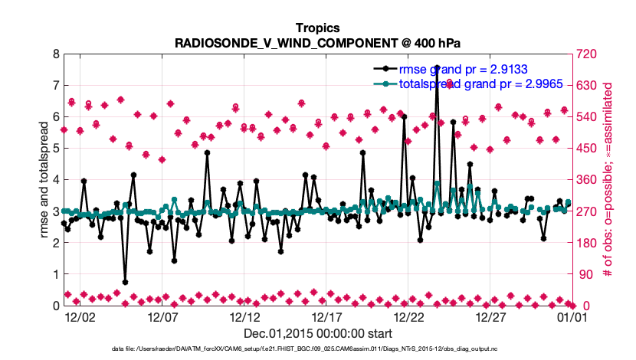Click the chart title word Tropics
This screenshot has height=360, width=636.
pyautogui.click(x=318, y=28)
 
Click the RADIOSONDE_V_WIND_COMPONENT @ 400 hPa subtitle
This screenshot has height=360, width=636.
pyautogui.click(x=318, y=43)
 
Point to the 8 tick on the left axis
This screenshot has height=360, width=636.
pyautogui.click(x=56, y=54)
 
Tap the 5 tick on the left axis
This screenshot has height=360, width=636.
pyautogui.click(x=56, y=149)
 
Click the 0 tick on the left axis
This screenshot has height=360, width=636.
pyautogui.click(x=56, y=306)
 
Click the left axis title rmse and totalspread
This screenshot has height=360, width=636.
pyautogui.click(x=44, y=180)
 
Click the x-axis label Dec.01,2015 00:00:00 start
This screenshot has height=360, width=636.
pyautogui.click(x=318, y=333)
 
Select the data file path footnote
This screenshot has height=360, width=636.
pyautogui.click(x=318, y=349)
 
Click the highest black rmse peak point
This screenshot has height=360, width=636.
pyautogui.click(x=437, y=67)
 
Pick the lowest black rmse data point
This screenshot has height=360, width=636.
pyautogui.click(x=125, y=282)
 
